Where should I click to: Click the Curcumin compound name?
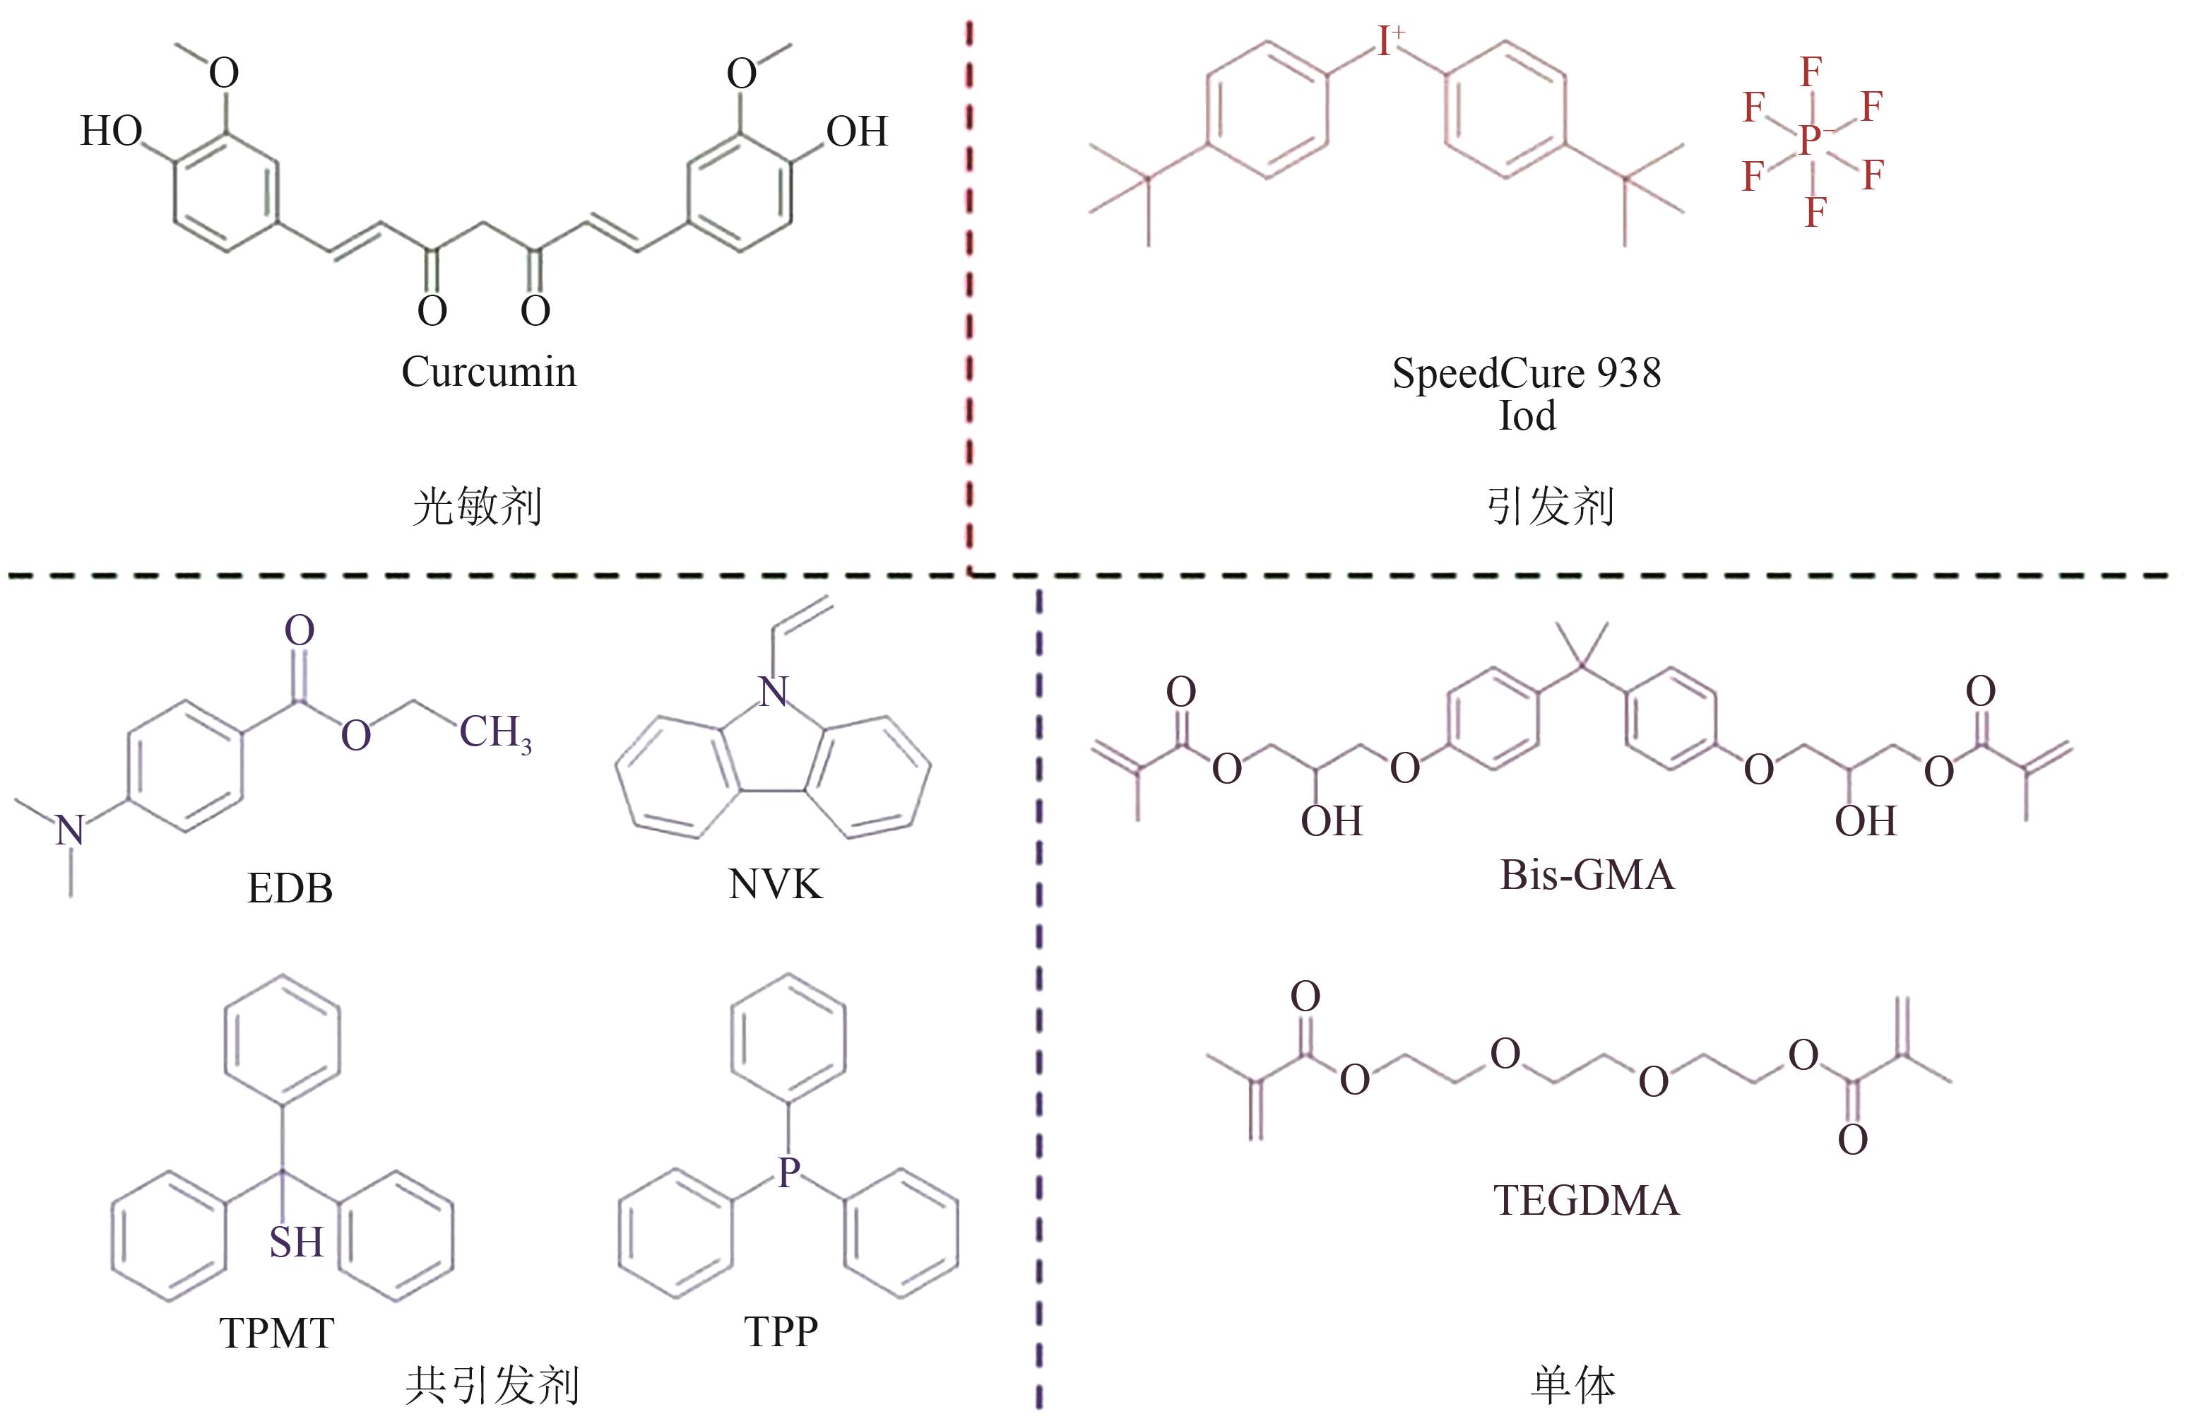pos(489,372)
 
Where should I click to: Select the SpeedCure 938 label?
pos(1526,373)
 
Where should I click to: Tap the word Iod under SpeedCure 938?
pos(1526,416)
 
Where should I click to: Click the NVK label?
pos(774,885)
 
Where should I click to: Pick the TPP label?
pos(781,1331)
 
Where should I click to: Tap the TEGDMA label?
pos(1586,1201)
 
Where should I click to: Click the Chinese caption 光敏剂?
pos(477,507)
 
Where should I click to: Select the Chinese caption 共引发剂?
pos(493,1385)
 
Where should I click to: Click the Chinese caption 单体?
pos(1573,1385)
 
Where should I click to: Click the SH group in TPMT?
pos(296,1242)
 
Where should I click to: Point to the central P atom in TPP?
pos(788,1172)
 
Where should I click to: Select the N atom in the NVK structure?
pos(774,691)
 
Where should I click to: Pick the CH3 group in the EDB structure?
pos(494,734)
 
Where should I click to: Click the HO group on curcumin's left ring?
pos(110,131)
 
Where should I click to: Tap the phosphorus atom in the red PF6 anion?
pos(1811,140)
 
